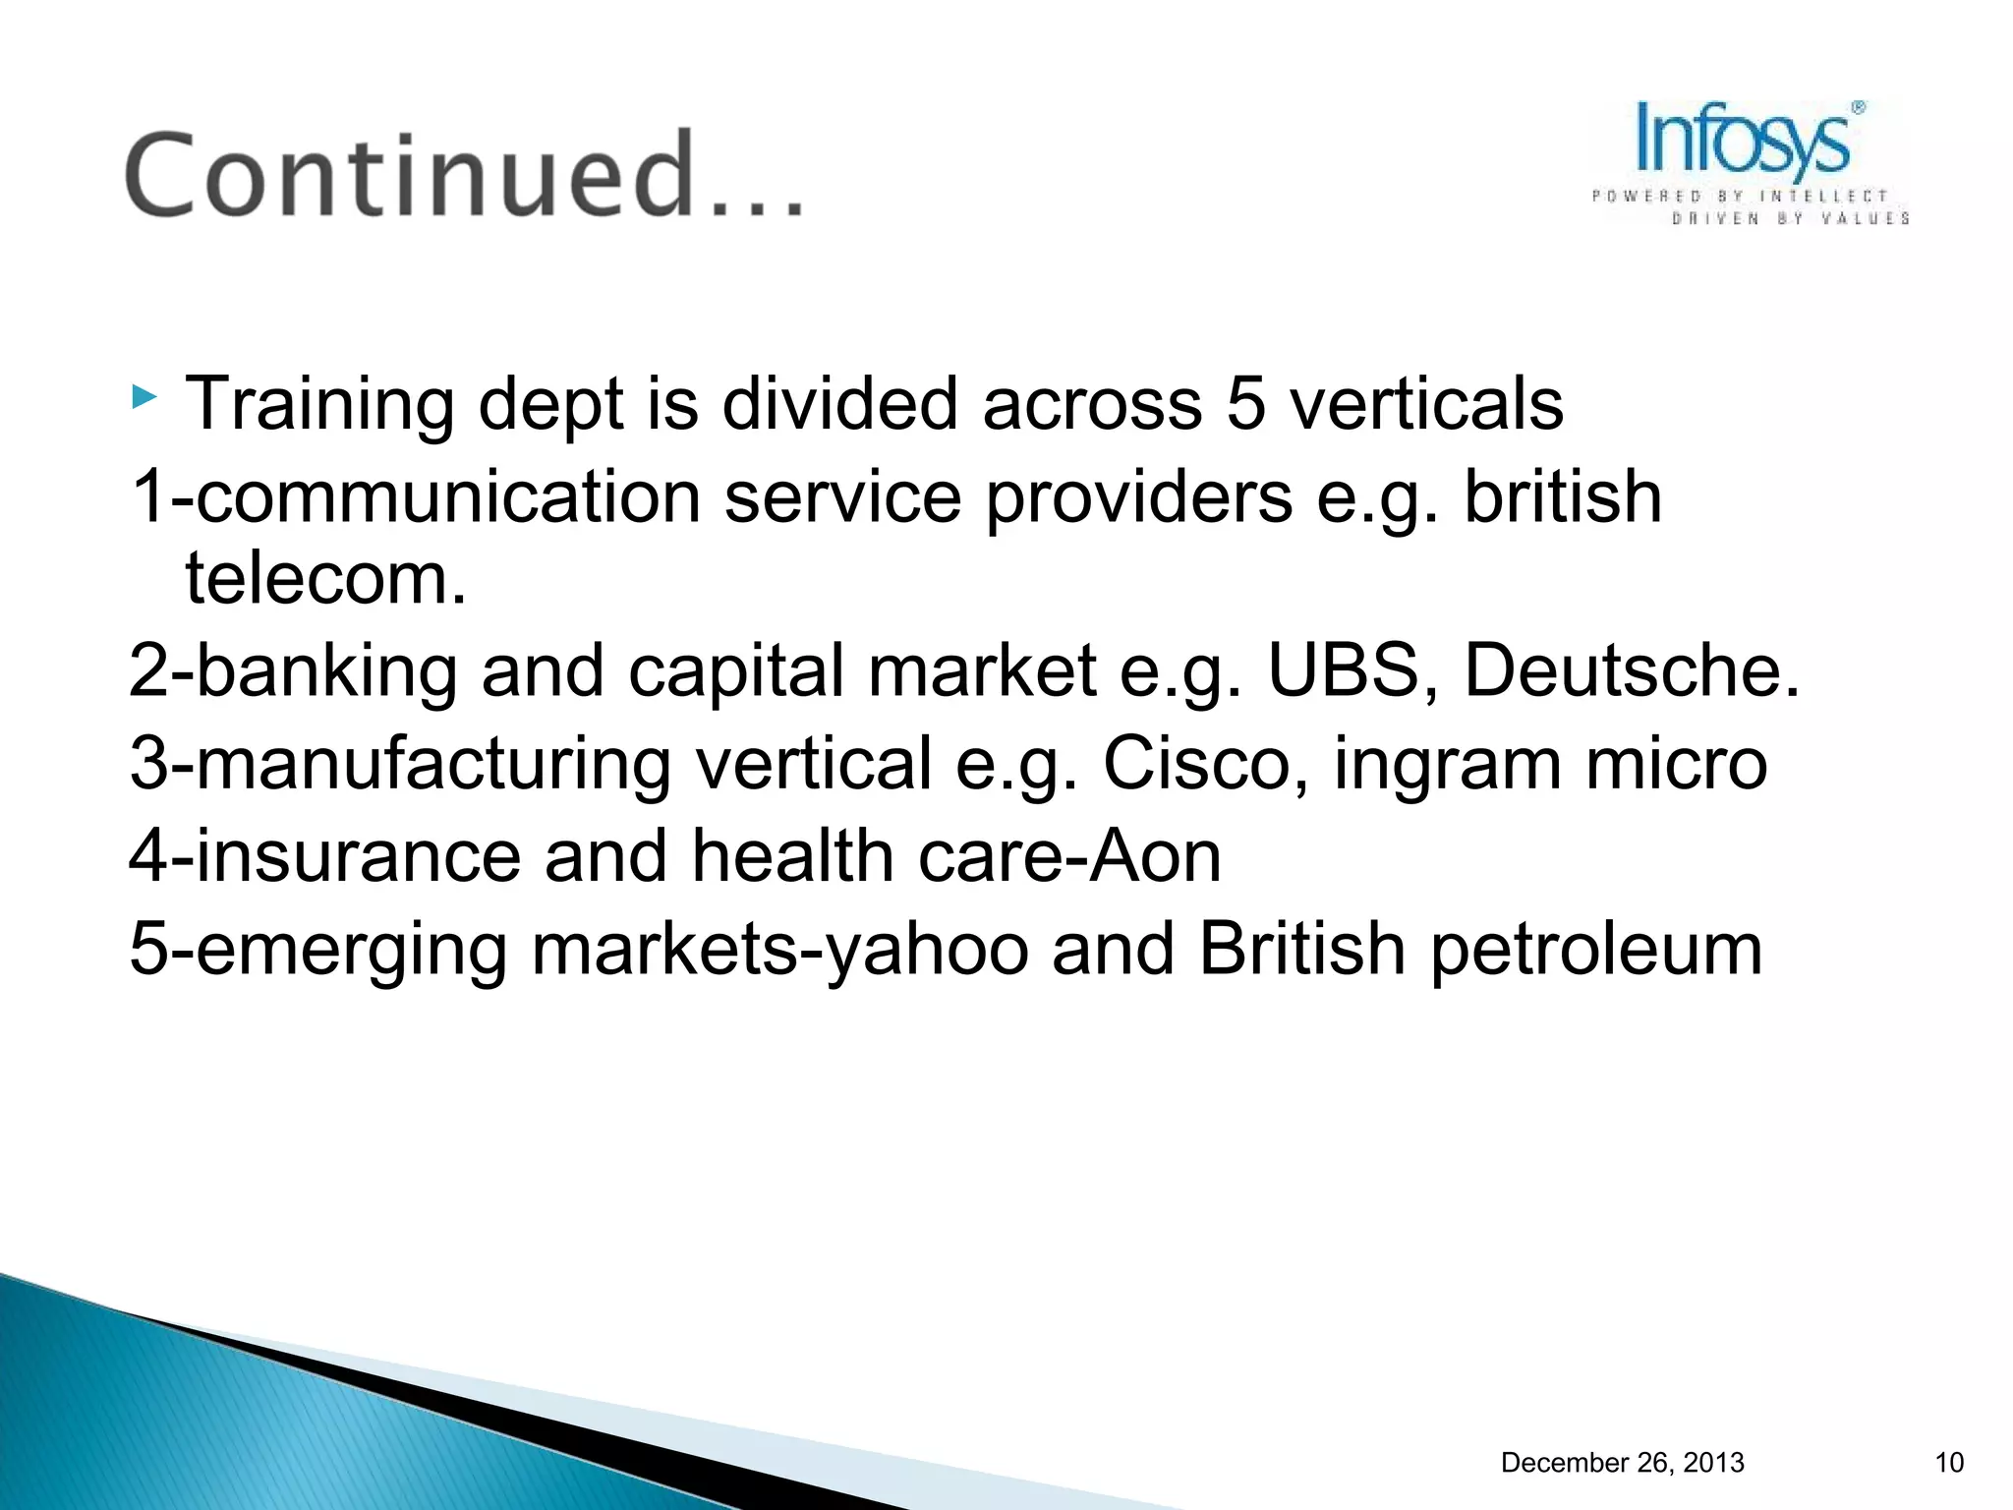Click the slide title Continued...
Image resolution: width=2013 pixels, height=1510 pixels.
click(462, 175)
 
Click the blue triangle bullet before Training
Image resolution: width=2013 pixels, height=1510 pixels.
click(144, 398)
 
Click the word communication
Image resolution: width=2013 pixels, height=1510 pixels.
click(448, 497)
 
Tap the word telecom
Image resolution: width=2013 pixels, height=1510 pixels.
click(325, 579)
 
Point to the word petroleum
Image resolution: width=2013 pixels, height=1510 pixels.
click(1596, 951)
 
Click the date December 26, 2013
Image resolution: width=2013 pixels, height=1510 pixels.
click(1622, 1463)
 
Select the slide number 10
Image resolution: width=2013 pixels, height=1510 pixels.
click(1948, 1463)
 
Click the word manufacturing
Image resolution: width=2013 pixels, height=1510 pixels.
click(433, 764)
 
